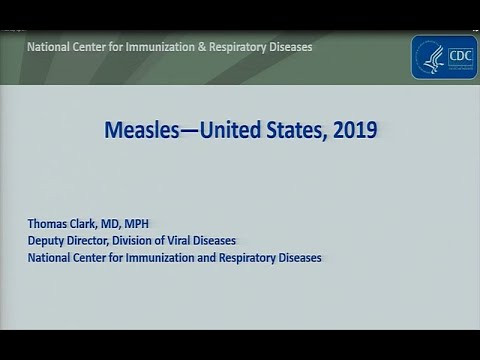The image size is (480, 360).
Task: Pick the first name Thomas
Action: click(48, 224)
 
